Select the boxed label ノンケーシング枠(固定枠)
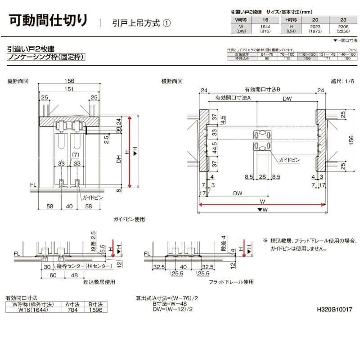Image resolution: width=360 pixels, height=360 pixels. pyautogui.click(x=46, y=57)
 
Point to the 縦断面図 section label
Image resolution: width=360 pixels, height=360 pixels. pyautogui.click(x=18, y=81)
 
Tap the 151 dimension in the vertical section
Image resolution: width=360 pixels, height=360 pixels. pyautogui.click(x=69, y=90)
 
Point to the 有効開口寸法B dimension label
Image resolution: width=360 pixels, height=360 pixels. pyautogui.click(x=262, y=90)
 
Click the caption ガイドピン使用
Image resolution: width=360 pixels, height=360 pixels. pyautogui.click(x=129, y=220)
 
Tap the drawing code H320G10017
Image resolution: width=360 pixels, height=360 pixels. pyautogui.click(x=334, y=310)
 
